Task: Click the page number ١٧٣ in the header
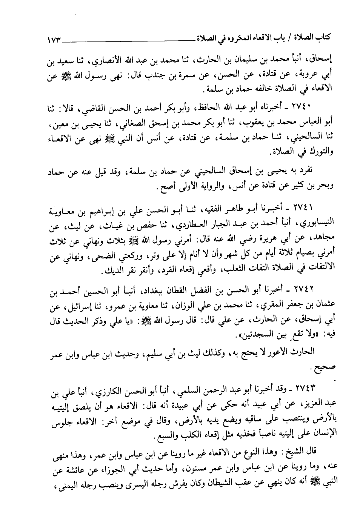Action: (55, 38)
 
